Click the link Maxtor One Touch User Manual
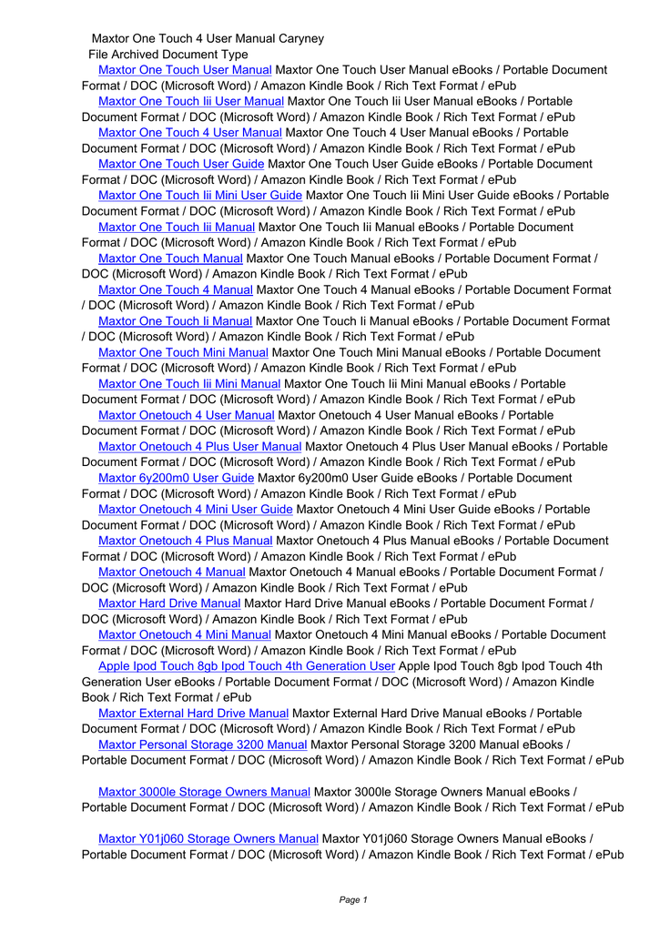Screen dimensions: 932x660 click(184, 70)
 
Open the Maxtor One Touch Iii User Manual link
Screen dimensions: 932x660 click(190, 101)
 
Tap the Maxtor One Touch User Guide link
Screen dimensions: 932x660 click(180, 164)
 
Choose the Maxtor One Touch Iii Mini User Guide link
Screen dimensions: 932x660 click(199, 196)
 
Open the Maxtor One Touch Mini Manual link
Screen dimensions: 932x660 click(183, 352)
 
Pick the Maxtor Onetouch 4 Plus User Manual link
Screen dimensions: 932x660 click(199, 447)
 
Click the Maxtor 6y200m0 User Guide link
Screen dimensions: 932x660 click(176, 478)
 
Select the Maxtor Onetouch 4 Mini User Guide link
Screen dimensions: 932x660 click(195, 510)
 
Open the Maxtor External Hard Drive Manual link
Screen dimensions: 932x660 click(193, 714)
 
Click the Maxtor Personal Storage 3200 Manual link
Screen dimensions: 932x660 click(202, 745)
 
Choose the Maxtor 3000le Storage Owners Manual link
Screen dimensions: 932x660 click(204, 792)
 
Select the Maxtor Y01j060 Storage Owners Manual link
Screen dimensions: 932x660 click(208, 838)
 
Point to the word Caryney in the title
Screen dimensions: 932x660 click(300, 39)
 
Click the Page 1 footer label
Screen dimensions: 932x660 click(352, 899)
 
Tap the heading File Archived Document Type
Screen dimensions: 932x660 click(168, 55)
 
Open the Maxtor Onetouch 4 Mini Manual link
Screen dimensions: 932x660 click(184, 634)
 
